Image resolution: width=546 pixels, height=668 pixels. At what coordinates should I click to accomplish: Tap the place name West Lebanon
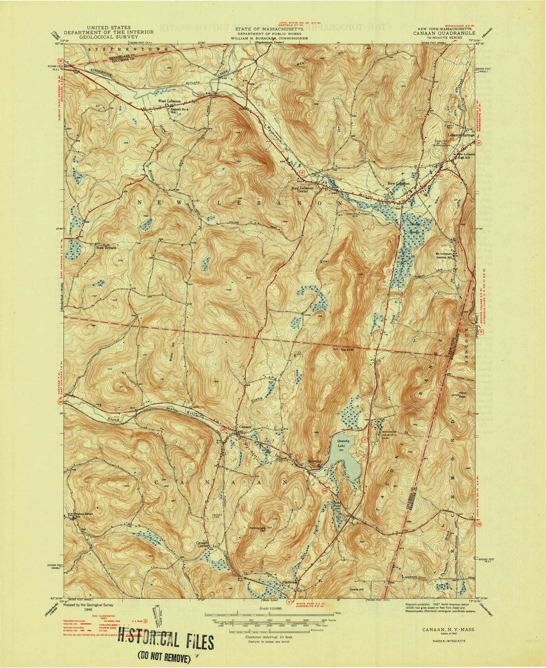[169, 101]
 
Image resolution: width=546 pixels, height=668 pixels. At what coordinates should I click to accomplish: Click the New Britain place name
[107, 248]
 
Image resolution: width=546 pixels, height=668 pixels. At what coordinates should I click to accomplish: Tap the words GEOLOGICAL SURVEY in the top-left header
[109, 37]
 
